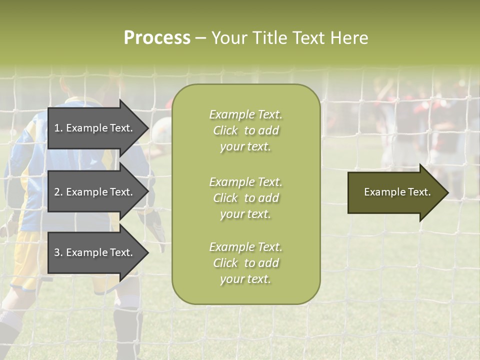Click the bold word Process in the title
pyautogui.click(x=157, y=38)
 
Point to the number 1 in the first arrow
pyautogui.click(x=57, y=128)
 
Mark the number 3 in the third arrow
pyautogui.click(x=57, y=253)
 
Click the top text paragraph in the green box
pyautogui.click(x=245, y=130)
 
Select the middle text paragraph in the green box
pyautogui.click(x=245, y=198)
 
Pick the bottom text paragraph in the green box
pyautogui.click(x=245, y=263)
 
